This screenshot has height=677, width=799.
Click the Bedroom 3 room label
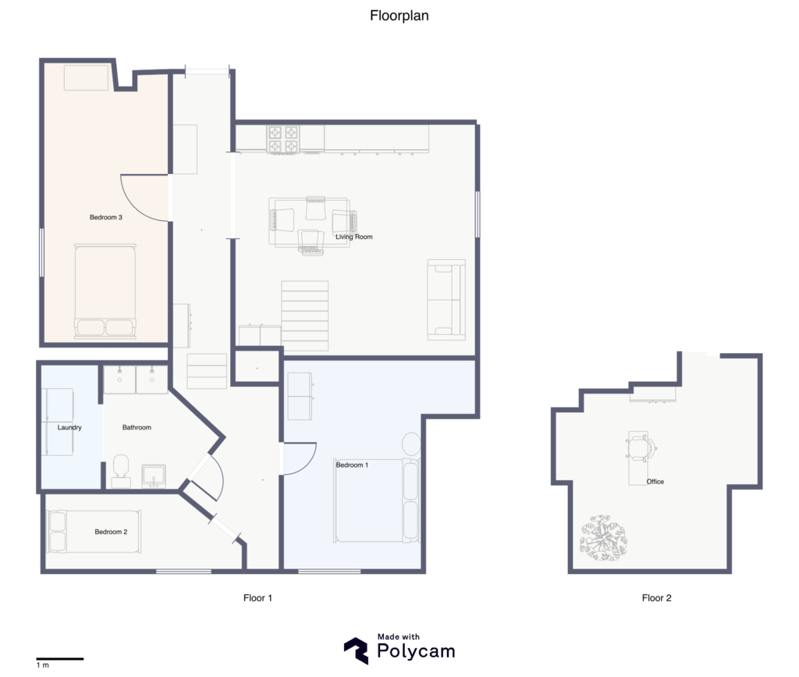106,217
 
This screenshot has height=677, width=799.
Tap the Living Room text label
353,237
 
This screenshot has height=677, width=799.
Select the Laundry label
69,427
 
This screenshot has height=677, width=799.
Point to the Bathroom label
137,427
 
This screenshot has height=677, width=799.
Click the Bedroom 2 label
111,532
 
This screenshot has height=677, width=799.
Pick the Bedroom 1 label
352,465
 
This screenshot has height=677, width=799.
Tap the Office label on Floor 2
655,481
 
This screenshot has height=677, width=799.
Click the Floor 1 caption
257,598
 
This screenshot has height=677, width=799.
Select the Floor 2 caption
657,598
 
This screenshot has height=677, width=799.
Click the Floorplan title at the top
399,16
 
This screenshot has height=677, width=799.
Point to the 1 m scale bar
59,659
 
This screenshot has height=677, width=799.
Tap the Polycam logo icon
356,650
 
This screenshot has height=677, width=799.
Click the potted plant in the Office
603,538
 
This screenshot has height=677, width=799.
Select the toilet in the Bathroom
121,471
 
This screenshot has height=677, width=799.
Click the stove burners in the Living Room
282,140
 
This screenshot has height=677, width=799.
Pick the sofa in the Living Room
446,300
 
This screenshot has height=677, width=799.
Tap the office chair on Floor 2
641,447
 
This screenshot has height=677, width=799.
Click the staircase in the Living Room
305,315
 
